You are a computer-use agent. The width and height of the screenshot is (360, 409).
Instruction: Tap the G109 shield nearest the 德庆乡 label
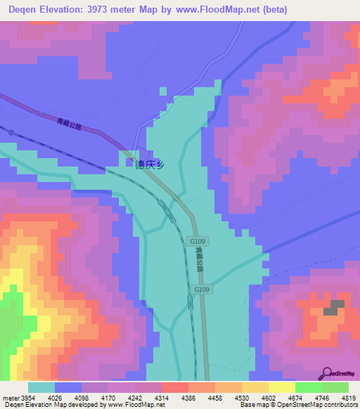pyautogui.click(x=198, y=241)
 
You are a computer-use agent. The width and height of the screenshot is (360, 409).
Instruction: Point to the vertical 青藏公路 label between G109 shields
pyautogui.click(x=199, y=261)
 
